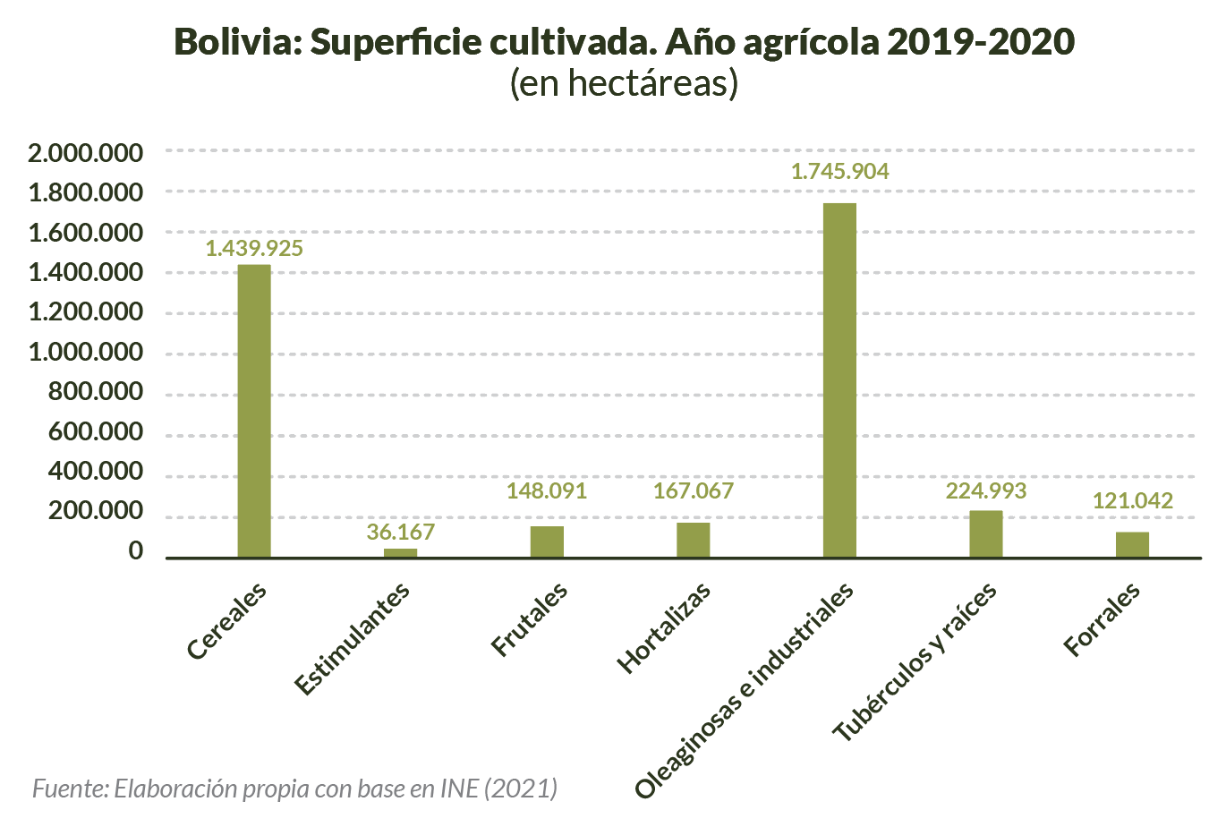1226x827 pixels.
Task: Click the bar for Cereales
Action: [254, 411]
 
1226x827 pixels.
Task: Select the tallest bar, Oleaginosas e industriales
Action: [839, 380]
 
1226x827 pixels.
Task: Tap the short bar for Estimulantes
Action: [400, 552]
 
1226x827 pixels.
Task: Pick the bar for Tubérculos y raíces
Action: [986, 534]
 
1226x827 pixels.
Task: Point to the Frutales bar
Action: [547, 541]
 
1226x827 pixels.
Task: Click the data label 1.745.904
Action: [839, 172]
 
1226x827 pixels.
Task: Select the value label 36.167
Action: [400, 533]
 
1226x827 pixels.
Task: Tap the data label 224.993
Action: [986, 491]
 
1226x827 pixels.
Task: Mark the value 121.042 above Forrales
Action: [1132, 501]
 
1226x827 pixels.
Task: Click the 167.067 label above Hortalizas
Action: [693, 491]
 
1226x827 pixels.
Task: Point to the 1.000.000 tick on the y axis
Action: [85, 353]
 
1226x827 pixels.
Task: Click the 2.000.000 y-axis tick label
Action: [85, 153]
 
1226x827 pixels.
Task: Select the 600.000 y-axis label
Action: [96, 432]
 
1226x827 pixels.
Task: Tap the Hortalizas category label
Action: [665, 627]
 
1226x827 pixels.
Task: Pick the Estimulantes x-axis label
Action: [353, 637]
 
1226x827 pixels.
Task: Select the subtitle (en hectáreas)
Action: [624, 83]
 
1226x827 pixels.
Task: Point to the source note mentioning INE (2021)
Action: [295, 789]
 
